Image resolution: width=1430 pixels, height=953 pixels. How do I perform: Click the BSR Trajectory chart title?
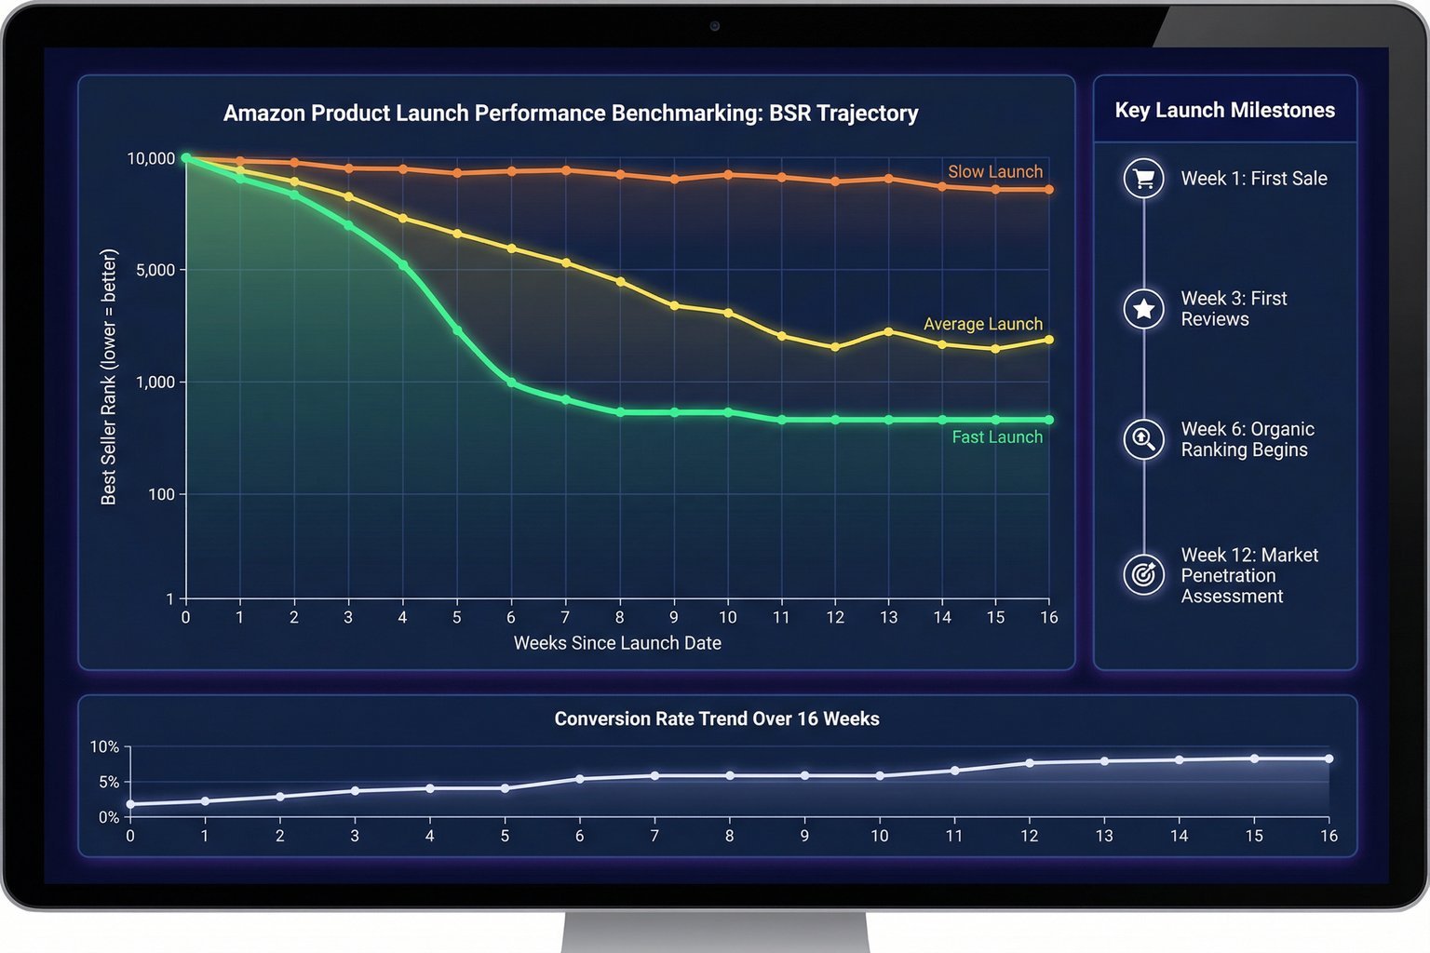coord(571,114)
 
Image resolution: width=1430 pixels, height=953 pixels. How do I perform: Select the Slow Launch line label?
coord(994,172)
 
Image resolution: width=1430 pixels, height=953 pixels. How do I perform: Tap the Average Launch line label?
coord(982,324)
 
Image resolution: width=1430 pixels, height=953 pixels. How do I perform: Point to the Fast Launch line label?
coord(996,437)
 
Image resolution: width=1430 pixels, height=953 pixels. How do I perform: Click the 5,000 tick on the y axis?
coord(155,270)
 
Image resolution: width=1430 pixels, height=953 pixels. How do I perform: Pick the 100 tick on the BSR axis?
coord(161,494)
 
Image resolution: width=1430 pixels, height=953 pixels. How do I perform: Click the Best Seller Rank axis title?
coord(109,377)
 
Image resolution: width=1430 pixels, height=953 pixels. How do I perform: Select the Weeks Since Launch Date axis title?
coord(617,643)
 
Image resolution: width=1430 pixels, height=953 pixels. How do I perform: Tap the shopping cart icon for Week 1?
coord(1144,179)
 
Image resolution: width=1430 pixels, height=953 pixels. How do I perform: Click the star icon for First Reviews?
coord(1144,309)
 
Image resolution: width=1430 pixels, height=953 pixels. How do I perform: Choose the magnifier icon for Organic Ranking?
coord(1144,439)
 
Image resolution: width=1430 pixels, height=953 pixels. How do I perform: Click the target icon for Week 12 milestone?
coord(1144,575)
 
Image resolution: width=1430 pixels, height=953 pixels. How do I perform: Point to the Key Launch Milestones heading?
coord(1224,111)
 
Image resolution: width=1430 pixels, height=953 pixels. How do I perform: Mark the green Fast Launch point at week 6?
coord(511,383)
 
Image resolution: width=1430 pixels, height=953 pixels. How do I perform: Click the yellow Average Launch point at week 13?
coord(889,331)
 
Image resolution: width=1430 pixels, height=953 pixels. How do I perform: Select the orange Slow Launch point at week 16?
coord(1049,190)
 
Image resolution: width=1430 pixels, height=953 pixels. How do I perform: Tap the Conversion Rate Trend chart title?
coord(717,719)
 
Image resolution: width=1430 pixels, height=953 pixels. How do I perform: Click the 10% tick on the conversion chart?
coord(104,747)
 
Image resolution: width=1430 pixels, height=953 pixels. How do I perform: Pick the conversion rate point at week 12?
coord(1030,763)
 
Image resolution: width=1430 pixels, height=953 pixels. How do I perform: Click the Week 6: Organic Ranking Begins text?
coord(1248,439)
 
